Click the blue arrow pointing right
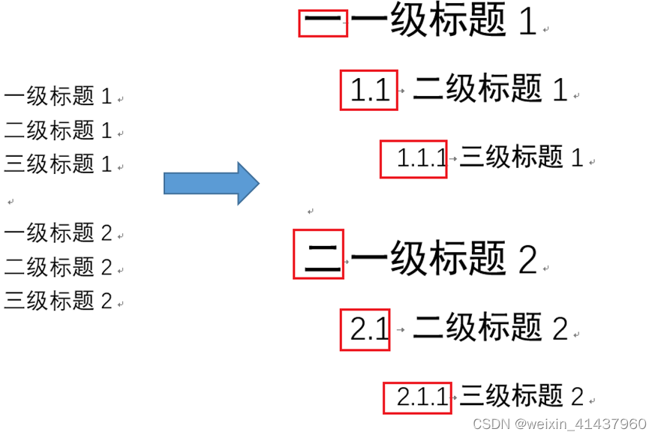coord(212,183)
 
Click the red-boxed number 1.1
coord(369,90)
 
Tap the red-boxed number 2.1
coord(366,328)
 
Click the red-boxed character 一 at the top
coord(323,23)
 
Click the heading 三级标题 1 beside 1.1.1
coord(521,157)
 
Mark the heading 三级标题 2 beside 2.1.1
coord(521,396)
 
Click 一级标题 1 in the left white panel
coord(58,96)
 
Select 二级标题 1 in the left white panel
coord(58,130)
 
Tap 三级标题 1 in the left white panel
coord(58,163)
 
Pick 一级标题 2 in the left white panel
coord(58,233)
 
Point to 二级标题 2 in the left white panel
coord(58,267)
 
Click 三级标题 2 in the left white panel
coord(58,301)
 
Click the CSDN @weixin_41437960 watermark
coord(559,424)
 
